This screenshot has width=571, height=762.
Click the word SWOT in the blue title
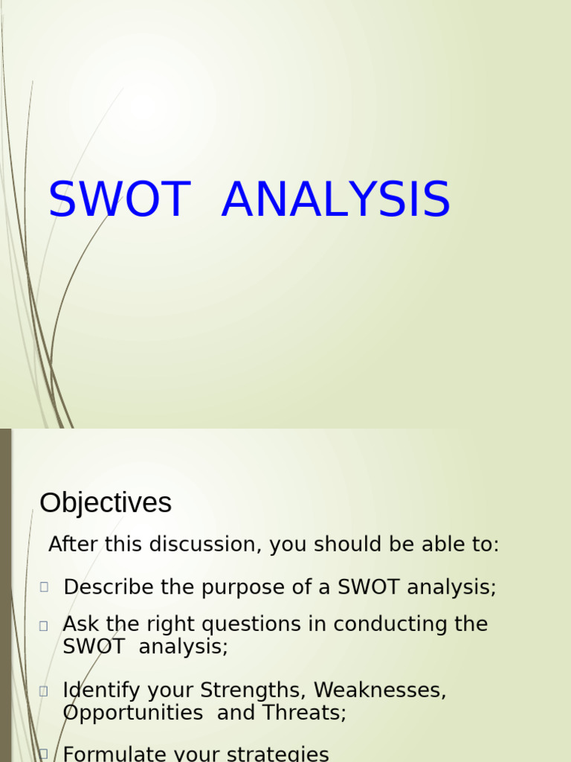(118, 200)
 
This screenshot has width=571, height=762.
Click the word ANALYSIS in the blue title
(335, 200)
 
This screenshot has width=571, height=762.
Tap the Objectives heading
(106, 503)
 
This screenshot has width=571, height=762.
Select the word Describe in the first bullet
(109, 587)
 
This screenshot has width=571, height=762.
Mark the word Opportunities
(133, 713)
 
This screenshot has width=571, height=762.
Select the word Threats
(304, 713)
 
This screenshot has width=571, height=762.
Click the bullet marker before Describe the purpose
(45, 587)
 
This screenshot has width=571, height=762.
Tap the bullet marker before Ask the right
(44, 626)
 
